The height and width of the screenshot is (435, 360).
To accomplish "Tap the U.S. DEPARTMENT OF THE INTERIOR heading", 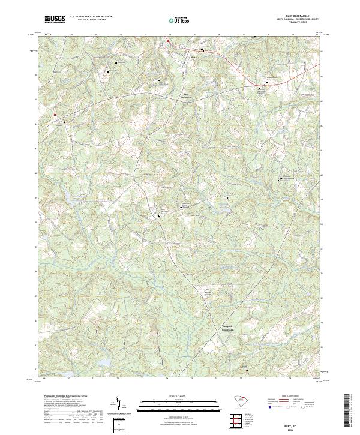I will (x=91, y=17).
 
